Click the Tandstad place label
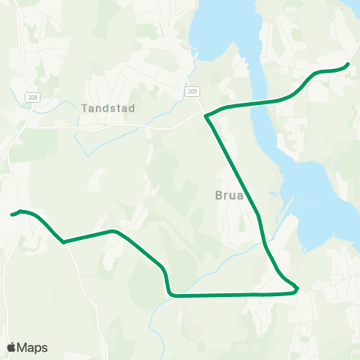coord(108,108)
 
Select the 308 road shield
coord(31,97)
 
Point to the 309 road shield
coord(193,91)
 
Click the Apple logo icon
coord(11,347)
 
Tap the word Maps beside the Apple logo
coord(32,347)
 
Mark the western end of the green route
coord(12,214)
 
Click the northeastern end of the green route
coord(348,64)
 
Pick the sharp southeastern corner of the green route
coord(298,288)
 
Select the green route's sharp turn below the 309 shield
coord(206,115)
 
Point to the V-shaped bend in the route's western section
coord(64,242)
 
